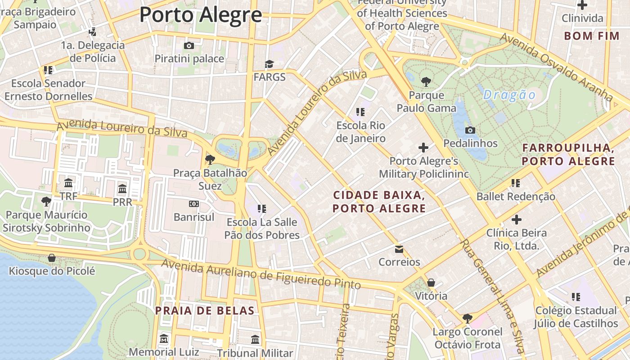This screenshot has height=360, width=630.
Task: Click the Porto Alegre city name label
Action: [x=200, y=14]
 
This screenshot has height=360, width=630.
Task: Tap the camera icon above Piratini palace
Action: [x=189, y=45]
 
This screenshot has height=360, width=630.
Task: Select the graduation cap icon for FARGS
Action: [x=269, y=64]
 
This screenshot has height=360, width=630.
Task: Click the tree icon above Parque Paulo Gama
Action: [x=426, y=82]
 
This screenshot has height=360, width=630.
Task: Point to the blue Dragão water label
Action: [x=509, y=95]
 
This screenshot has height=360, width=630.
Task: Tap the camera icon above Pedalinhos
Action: [x=470, y=130]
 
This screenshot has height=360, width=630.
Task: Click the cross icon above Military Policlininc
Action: [x=423, y=147]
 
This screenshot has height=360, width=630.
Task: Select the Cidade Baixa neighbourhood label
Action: [x=379, y=202]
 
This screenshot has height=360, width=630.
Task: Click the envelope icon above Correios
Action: [x=399, y=249]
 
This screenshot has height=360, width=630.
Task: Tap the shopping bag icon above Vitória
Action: [x=431, y=283]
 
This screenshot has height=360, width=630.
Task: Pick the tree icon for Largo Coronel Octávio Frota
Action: [x=468, y=319]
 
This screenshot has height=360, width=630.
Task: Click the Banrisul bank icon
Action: [x=194, y=204]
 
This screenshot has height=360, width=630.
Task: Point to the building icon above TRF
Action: [x=68, y=183]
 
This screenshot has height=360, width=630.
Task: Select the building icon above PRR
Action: [x=122, y=189]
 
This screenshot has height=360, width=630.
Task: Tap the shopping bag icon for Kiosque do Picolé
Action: [x=52, y=258]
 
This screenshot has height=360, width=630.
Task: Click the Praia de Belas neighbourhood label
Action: [x=205, y=310]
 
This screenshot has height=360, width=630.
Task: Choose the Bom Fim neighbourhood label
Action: [x=592, y=36]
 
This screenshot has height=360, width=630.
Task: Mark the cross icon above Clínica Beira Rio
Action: [x=516, y=220]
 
